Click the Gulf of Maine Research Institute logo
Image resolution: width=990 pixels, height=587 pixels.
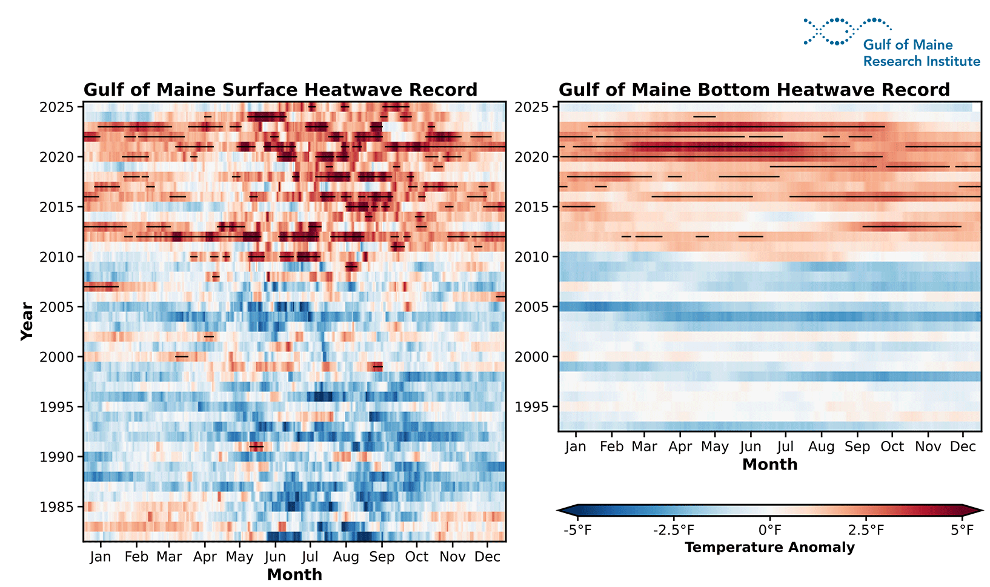891,42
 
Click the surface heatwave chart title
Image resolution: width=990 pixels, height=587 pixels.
280,90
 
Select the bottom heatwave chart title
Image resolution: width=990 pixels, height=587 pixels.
754,90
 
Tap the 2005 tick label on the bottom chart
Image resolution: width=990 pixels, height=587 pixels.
531,307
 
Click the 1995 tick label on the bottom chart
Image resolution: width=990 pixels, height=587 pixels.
531,407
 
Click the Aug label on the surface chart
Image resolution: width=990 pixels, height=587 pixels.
346,557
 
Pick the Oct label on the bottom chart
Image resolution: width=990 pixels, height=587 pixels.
892,446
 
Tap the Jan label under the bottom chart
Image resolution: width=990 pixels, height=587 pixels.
575,446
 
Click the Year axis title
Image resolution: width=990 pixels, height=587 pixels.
27,321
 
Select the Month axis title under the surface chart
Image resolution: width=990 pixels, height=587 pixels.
294,574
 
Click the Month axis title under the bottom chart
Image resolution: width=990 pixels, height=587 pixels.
769,464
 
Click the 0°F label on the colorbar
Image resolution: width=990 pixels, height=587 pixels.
769,530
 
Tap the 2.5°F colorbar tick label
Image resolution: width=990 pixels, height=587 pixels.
866,530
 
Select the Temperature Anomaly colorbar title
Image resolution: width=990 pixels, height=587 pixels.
769,547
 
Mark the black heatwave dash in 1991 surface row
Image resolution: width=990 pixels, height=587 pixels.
256,446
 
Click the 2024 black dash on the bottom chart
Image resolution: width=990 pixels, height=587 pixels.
704,116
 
